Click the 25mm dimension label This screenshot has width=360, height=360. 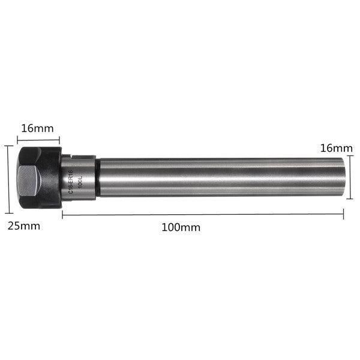tap(23, 226)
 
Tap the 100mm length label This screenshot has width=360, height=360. tap(181, 228)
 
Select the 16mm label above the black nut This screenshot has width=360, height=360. tap(37, 128)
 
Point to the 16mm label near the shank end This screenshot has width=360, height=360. tap(336, 148)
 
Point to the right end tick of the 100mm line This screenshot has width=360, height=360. tap(343, 214)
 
